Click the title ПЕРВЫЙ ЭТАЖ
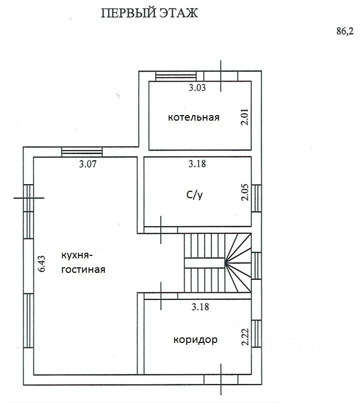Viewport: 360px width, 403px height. pos(149,13)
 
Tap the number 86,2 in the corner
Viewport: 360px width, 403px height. pos(345,32)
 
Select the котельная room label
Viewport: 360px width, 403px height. pos(194,118)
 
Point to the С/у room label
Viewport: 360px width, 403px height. pos(194,195)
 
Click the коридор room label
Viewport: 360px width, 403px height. pos(195,340)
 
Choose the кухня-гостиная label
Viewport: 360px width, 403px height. pos(83,262)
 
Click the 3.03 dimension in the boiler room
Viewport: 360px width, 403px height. pos(197,88)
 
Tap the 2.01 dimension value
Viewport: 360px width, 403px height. pos(244,117)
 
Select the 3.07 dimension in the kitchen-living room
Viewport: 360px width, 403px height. pos(88,164)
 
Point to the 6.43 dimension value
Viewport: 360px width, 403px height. pos(41,264)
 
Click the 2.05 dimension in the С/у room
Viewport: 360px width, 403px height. pos(245,192)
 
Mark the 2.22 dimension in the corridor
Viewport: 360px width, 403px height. pos(245,337)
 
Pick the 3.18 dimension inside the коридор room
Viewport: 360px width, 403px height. pos(200,307)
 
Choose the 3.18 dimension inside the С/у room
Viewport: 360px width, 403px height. pos(197,164)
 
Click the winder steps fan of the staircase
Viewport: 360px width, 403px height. pos(238,263)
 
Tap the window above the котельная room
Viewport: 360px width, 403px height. pos(176,76)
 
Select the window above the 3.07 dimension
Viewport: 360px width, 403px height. pos(82,152)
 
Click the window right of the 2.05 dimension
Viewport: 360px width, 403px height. pos(256,198)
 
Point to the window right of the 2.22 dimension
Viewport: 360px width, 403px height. pos(256,334)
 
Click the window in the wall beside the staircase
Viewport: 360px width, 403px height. pos(256,266)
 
